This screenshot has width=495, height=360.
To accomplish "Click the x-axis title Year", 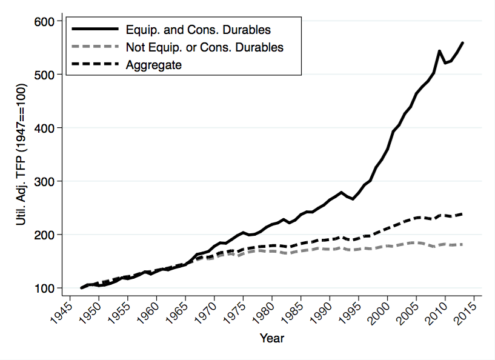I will coord(271,338).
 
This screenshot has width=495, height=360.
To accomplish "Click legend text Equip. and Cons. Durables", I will coord(198,29).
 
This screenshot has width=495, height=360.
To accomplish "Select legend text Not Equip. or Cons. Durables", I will coord(204,47).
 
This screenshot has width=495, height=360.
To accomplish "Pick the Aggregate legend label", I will coord(153,64).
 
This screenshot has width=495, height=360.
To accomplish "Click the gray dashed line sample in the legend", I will coord(95,47).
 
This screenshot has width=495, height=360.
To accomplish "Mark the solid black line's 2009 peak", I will coord(439,51).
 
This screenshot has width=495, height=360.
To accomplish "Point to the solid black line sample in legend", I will coord(95,29).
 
